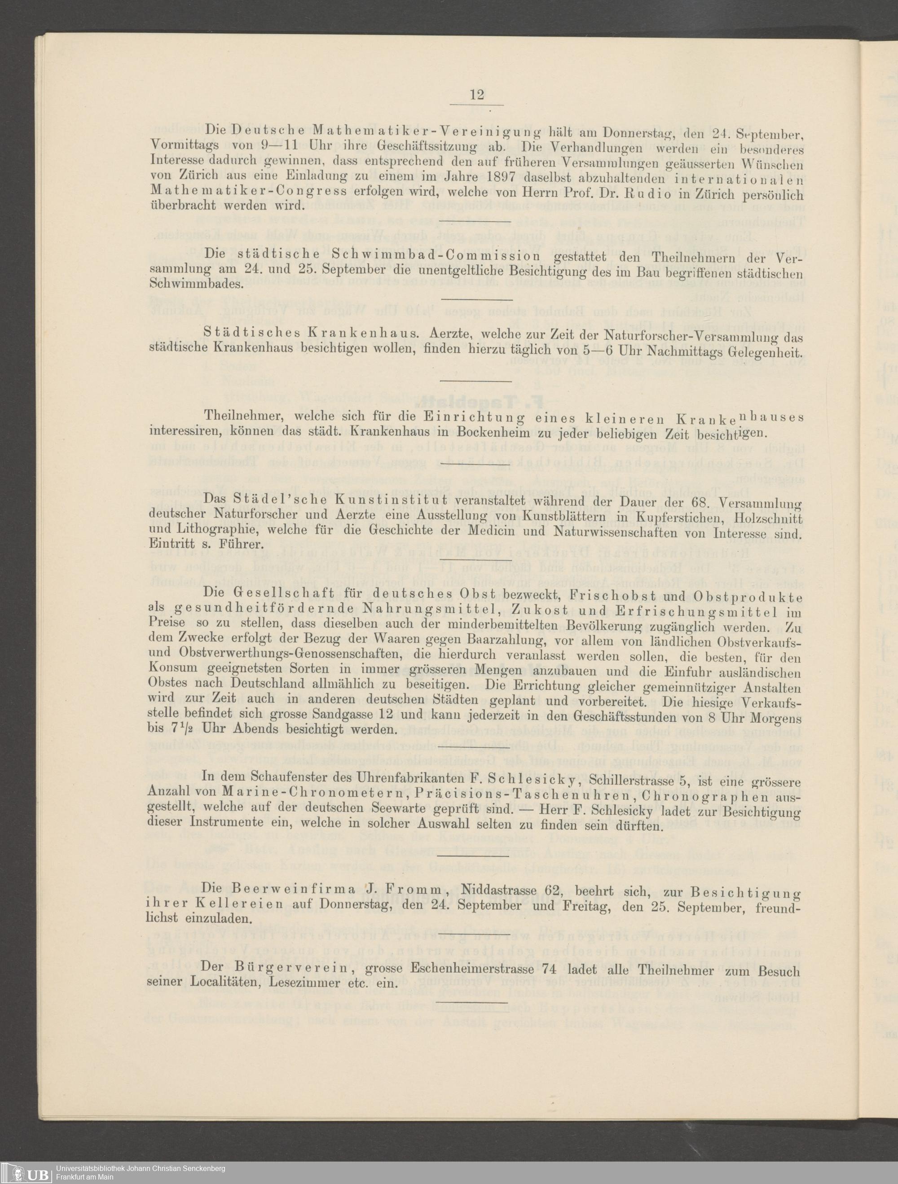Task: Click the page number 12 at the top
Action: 476,95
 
